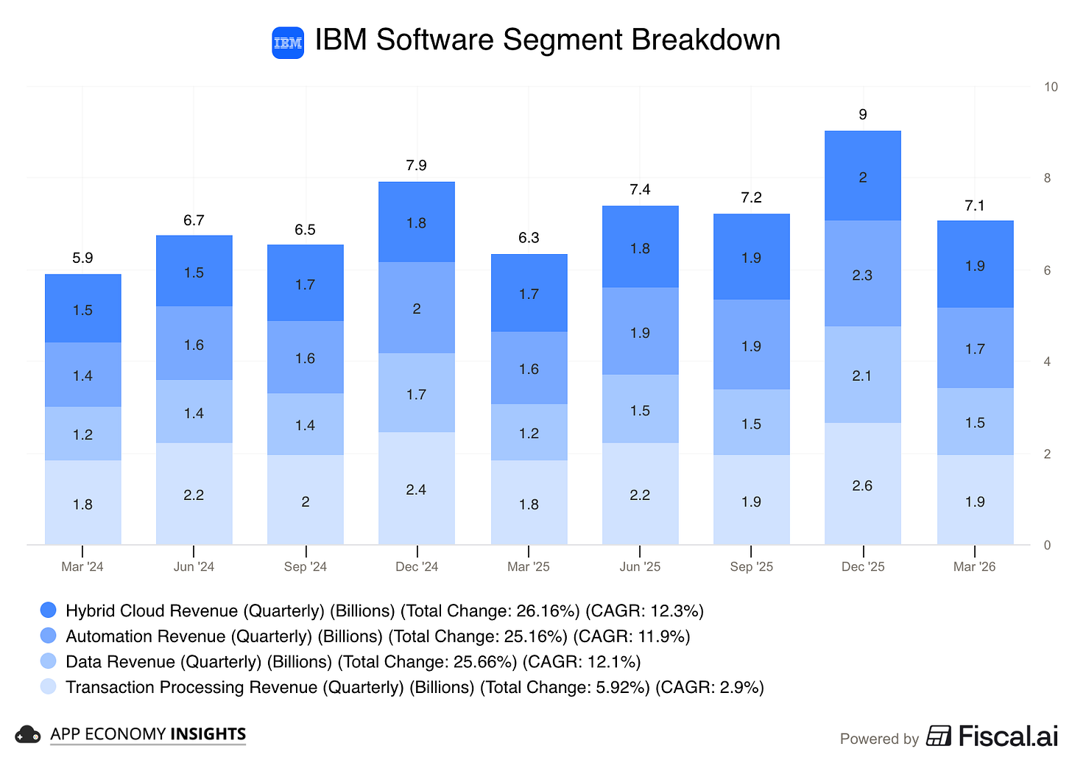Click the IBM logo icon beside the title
point(288,43)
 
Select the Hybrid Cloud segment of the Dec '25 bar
point(862,177)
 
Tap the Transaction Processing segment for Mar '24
point(82,503)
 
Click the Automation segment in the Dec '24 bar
point(417,308)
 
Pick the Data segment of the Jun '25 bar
point(640,409)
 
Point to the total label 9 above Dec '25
point(863,114)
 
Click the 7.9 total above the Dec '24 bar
point(417,165)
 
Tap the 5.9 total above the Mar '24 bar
point(82,258)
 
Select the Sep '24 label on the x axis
point(306,566)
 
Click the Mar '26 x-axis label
point(974,566)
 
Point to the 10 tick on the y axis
point(1051,87)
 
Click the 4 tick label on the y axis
point(1047,362)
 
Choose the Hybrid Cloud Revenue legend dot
point(49,610)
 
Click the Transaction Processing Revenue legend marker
point(49,686)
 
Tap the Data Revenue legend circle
point(49,661)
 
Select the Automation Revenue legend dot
point(49,636)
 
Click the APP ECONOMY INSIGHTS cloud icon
point(28,734)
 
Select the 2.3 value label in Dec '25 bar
point(862,275)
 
